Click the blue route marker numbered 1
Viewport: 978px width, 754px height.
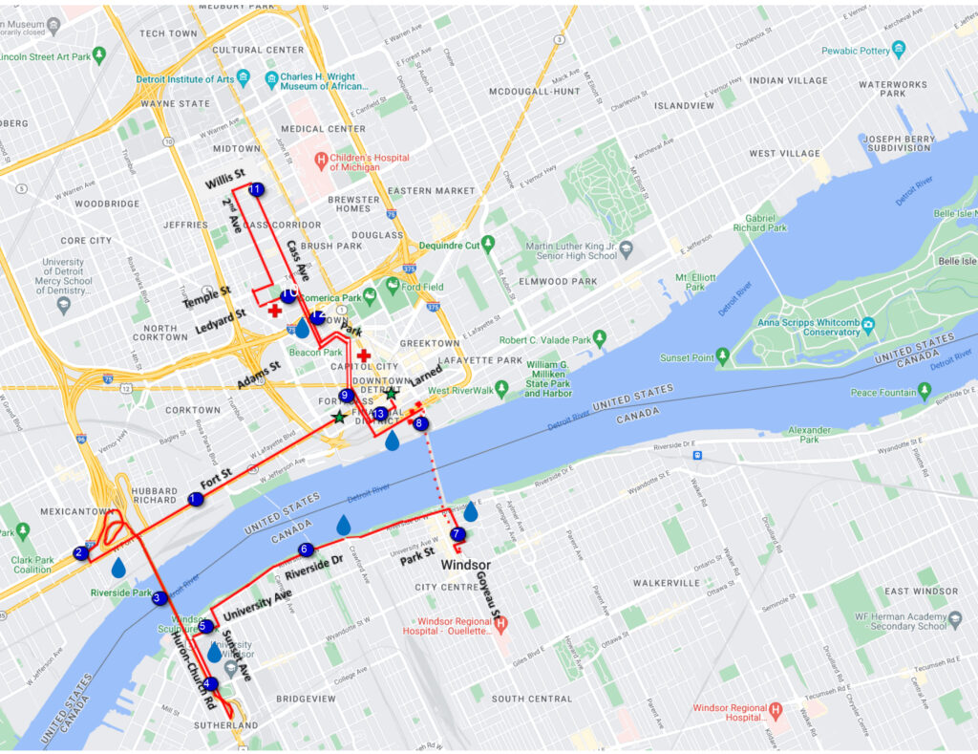[196, 499]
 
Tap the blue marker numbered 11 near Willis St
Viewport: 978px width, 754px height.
[255, 190]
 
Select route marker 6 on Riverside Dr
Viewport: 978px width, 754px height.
[306, 549]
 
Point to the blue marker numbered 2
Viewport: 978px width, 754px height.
[80, 553]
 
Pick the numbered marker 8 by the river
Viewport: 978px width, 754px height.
[420, 423]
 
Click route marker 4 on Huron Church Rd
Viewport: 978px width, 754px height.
[211, 683]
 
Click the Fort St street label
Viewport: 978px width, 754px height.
[216, 474]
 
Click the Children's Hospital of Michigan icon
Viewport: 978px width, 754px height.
[322, 159]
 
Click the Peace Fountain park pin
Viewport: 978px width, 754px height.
[924, 391]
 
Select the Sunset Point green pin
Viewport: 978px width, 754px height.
[723, 357]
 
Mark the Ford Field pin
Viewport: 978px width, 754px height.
[392, 285]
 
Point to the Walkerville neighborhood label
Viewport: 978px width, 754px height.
[667, 583]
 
